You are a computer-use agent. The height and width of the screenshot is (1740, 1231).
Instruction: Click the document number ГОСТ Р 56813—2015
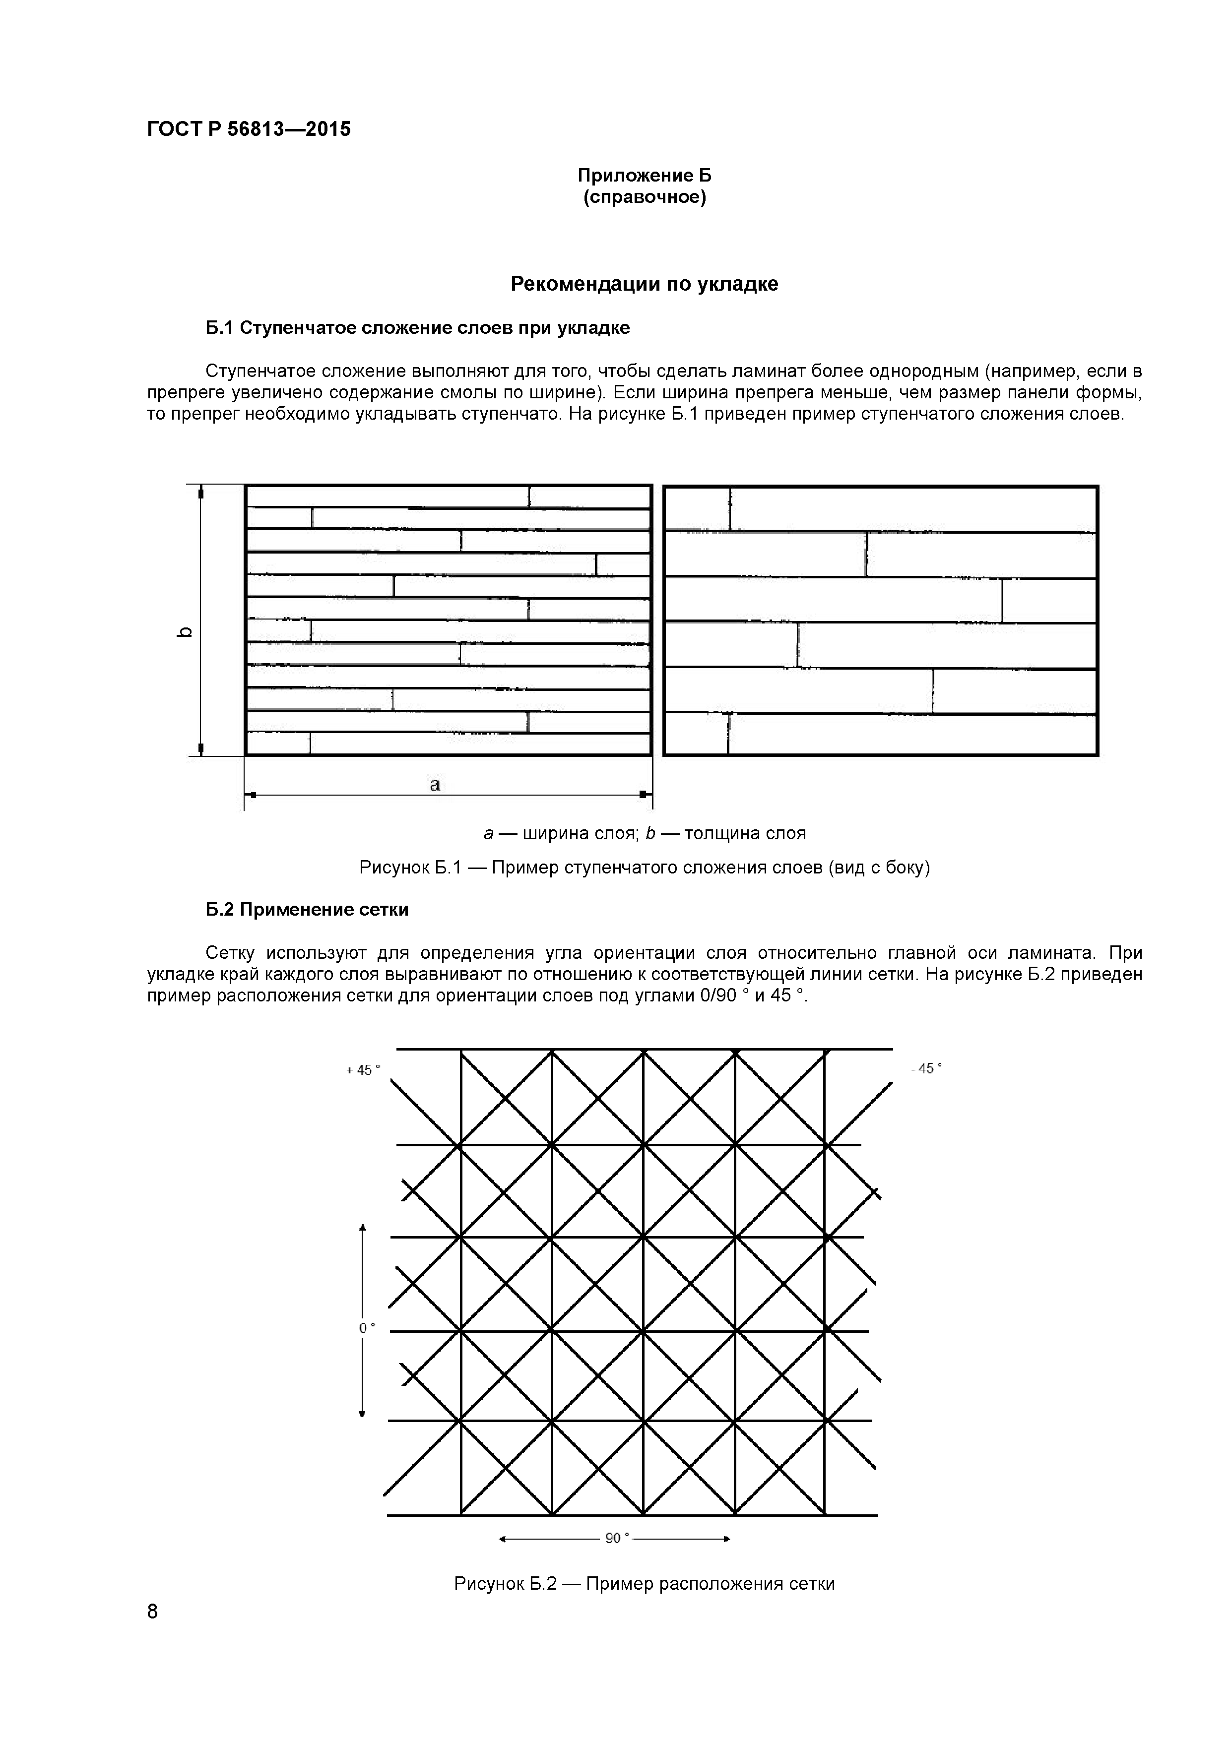[x=249, y=129]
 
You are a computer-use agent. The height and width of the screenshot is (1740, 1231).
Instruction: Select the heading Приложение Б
[x=645, y=176]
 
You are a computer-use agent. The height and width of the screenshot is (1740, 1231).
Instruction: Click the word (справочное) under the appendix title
[x=645, y=198]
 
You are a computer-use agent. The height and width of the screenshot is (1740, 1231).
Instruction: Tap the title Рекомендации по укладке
[x=645, y=284]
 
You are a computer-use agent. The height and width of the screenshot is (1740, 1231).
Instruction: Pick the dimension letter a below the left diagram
[x=435, y=784]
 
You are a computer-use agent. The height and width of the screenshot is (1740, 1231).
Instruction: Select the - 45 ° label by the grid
[x=926, y=1068]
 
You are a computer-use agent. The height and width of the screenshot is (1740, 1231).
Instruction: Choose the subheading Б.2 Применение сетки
[x=307, y=909]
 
